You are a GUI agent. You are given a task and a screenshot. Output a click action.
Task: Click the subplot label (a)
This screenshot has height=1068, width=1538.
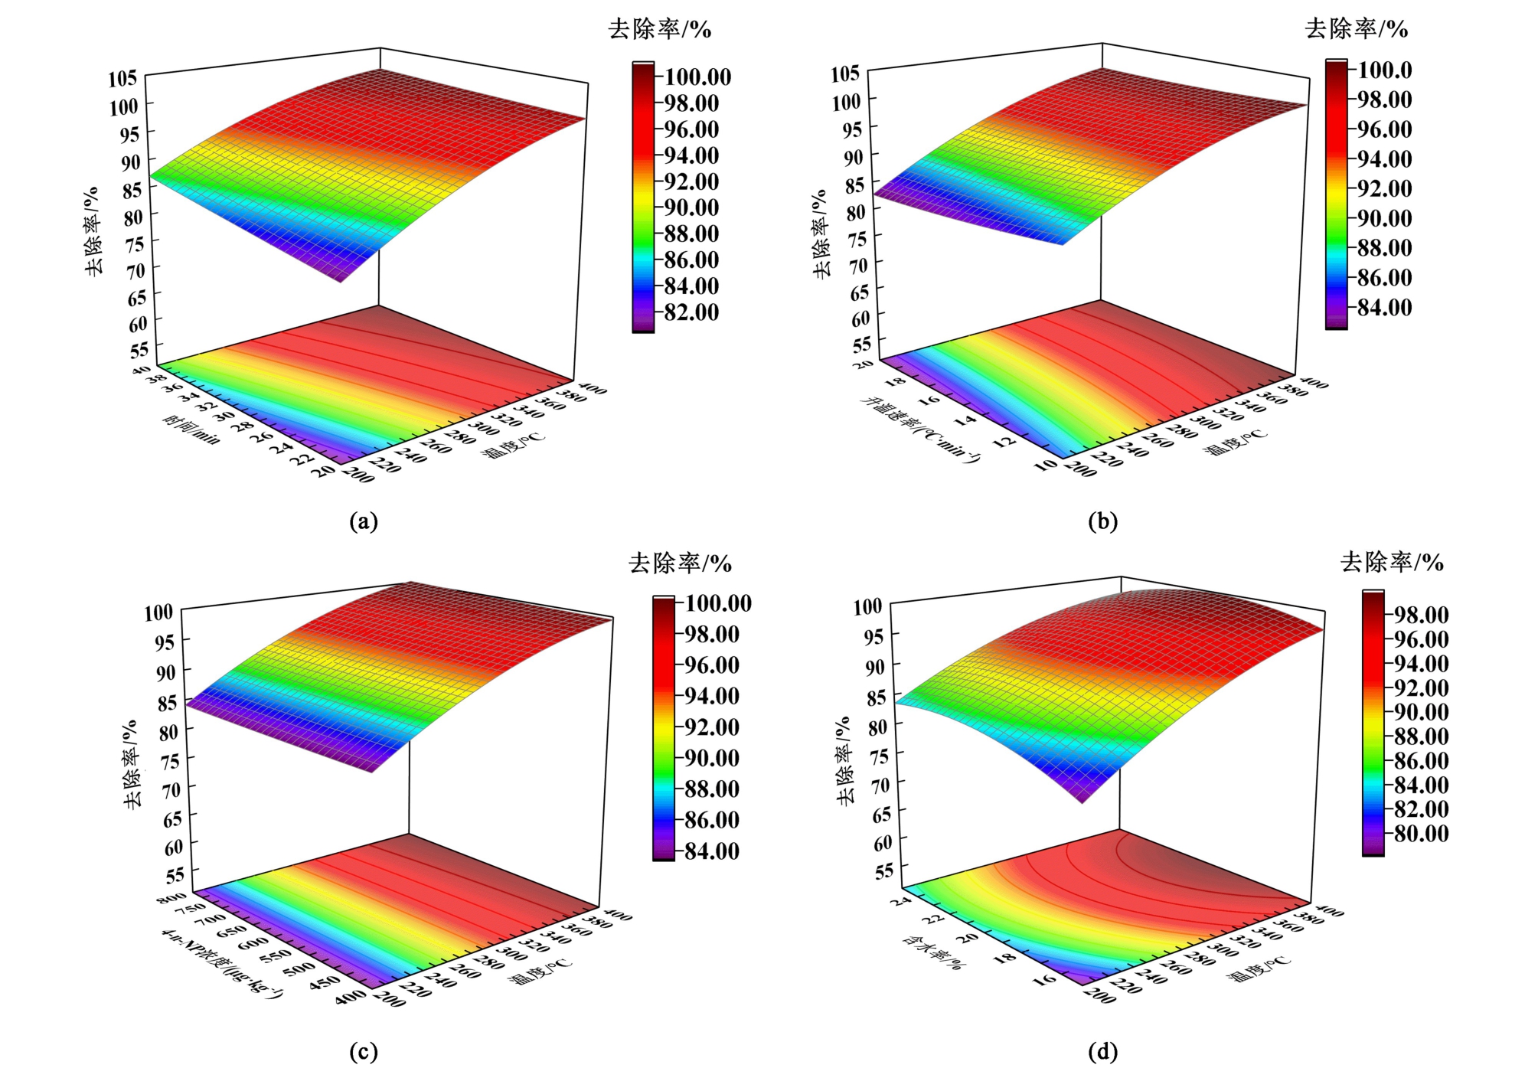click(363, 521)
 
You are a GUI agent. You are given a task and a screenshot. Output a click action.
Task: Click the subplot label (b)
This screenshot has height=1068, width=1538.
click(1102, 521)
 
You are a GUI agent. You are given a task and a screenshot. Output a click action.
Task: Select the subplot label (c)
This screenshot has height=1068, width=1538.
click(363, 1052)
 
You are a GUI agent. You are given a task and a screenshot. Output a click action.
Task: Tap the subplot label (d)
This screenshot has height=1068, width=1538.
click(1102, 1052)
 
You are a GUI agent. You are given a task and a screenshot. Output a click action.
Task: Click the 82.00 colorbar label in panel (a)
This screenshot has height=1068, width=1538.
click(691, 312)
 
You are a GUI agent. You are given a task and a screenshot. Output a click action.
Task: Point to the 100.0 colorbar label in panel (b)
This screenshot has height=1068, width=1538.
click(1385, 70)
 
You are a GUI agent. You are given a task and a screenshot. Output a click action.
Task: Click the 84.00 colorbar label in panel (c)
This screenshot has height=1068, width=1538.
click(712, 851)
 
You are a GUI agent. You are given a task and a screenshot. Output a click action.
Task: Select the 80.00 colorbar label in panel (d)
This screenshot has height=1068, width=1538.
click(1421, 833)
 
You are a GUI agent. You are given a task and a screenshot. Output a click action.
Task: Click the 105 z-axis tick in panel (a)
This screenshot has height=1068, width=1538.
click(122, 77)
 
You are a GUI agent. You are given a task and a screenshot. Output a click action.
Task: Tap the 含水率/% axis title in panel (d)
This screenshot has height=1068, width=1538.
click(932, 951)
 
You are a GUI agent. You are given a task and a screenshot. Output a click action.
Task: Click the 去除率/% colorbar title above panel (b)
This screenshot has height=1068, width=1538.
click(1356, 30)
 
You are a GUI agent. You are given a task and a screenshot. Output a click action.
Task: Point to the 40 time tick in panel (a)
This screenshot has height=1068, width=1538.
click(141, 370)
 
